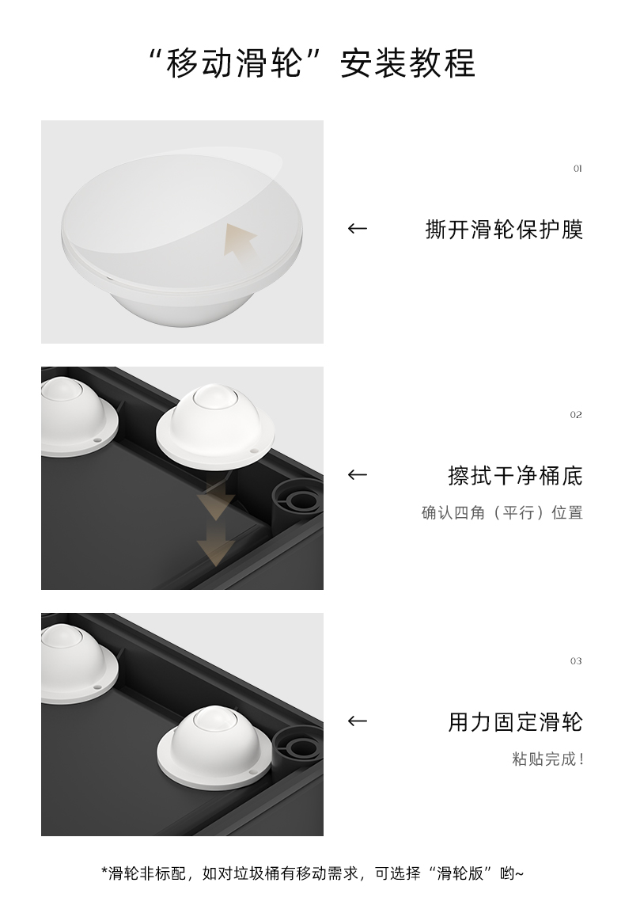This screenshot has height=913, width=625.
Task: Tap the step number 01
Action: point(577,169)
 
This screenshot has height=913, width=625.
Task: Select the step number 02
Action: point(576,415)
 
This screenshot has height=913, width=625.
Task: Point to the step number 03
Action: point(576,661)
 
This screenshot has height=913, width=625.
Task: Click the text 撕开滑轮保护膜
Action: point(504,230)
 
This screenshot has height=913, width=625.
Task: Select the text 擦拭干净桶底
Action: point(515,476)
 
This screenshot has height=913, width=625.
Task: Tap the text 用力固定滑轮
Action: point(515,722)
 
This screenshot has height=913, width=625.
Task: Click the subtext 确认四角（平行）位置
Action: point(502,512)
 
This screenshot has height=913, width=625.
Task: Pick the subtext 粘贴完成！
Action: point(547,759)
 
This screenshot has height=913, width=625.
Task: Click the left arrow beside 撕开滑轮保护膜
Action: point(358,229)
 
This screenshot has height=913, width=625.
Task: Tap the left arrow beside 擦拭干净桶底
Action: point(358,475)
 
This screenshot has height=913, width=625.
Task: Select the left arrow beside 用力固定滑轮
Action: point(358,721)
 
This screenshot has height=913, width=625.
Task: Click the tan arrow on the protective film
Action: point(241,241)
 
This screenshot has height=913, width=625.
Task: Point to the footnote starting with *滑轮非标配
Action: point(312,873)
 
